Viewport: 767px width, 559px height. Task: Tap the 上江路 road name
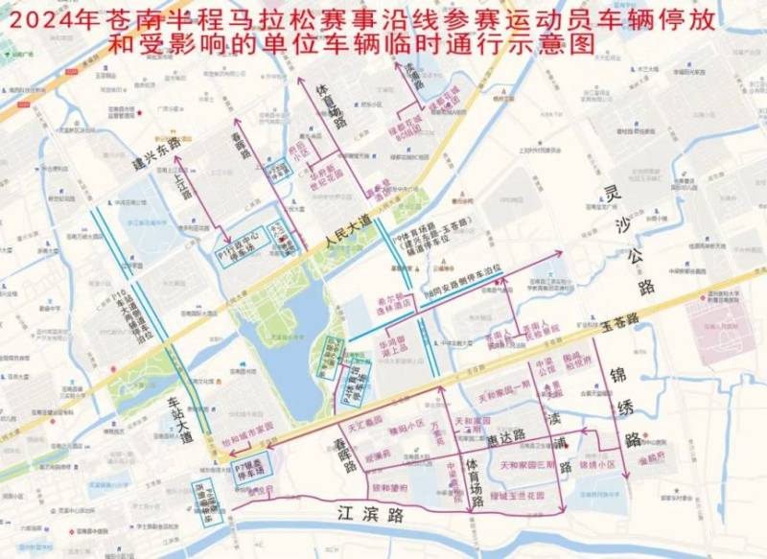183,181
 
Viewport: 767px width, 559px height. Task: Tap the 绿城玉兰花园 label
518,497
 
